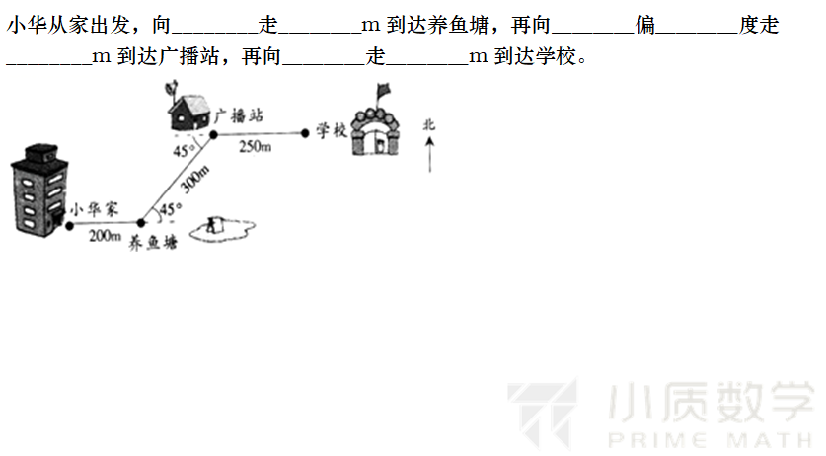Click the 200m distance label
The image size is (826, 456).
(x=105, y=236)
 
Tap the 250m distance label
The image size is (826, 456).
(x=256, y=146)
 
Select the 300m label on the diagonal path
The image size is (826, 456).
(x=194, y=179)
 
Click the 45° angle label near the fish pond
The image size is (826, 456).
(x=171, y=209)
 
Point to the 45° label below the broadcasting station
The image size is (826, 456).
(x=184, y=151)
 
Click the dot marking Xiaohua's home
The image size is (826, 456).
(x=69, y=226)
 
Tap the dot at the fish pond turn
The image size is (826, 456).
(x=141, y=223)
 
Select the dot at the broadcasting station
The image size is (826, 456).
(x=213, y=135)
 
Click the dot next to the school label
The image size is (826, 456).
(x=305, y=133)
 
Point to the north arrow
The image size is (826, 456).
(x=430, y=154)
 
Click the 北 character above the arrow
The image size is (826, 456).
(x=429, y=125)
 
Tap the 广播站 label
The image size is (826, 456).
(x=239, y=115)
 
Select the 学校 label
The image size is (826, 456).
(x=332, y=130)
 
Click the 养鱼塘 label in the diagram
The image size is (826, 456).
(x=153, y=243)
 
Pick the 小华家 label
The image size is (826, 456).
(x=95, y=209)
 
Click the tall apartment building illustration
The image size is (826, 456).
(x=39, y=190)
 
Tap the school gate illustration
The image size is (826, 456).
(x=376, y=132)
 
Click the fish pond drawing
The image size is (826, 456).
(x=222, y=230)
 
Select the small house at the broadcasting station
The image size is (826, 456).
(x=189, y=112)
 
